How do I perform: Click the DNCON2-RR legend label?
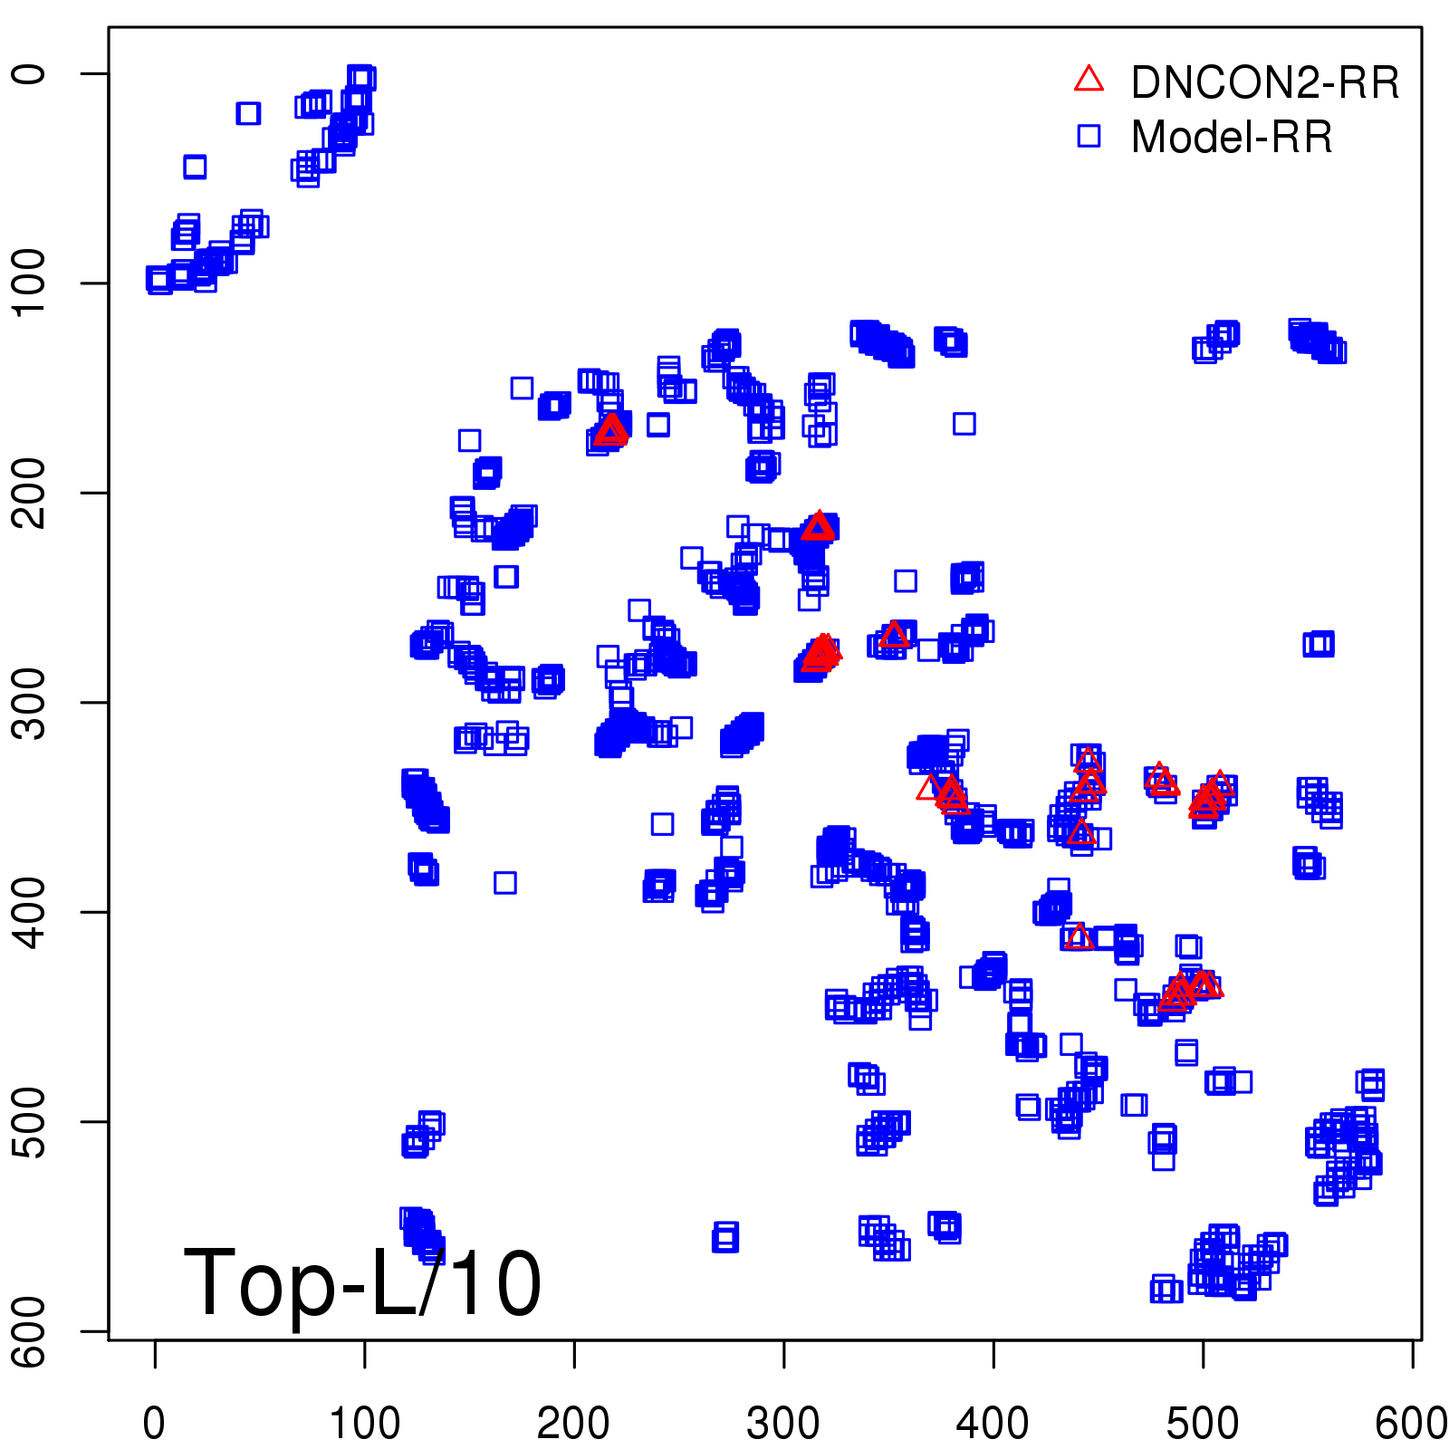click(1264, 83)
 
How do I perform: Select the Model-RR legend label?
click(1232, 138)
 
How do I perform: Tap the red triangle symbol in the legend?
click(1089, 80)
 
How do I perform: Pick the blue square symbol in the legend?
click(1089, 136)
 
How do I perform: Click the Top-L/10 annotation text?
click(362, 1283)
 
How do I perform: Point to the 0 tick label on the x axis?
click(155, 1423)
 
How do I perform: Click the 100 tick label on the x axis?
click(364, 1423)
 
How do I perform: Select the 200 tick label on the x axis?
click(573, 1423)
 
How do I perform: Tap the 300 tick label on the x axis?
click(783, 1423)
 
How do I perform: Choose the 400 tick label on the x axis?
click(993, 1423)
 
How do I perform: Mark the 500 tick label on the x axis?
click(1203, 1423)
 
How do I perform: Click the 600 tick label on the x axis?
click(1410, 1423)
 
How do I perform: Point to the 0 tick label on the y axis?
click(30, 73)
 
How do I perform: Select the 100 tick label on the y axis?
click(30, 283)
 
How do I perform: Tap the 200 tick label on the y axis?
click(30, 493)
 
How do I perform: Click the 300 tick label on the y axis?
click(30, 702)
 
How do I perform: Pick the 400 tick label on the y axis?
click(30, 912)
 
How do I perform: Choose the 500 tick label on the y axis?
click(30, 1121)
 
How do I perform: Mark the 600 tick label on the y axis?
click(30, 1331)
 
